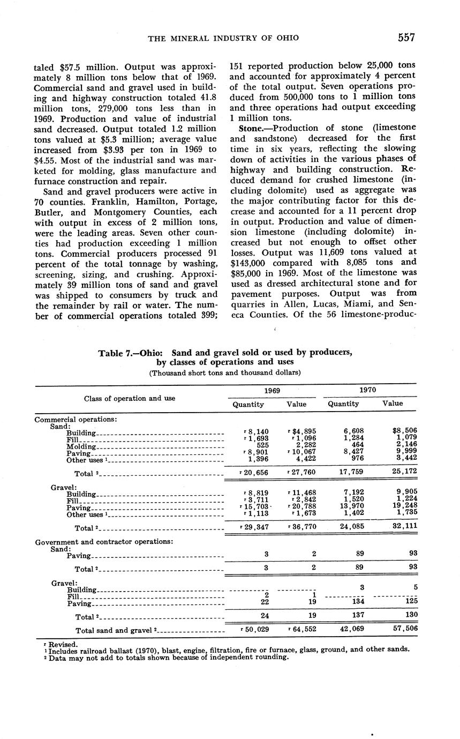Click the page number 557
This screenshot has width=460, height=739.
coord(406,38)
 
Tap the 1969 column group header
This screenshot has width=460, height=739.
coord(273,391)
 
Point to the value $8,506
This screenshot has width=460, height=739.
coord(405,430)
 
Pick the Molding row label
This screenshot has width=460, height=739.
coord(81,446)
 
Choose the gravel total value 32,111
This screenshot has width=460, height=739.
coord(404,526)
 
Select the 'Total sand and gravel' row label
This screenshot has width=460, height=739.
coord(115,630)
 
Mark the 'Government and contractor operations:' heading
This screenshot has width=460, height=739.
coord(104,542)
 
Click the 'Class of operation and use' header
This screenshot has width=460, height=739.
coord(130,398)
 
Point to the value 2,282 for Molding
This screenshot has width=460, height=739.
coord(303,445)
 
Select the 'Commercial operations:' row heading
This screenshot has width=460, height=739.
coord(76,420)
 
